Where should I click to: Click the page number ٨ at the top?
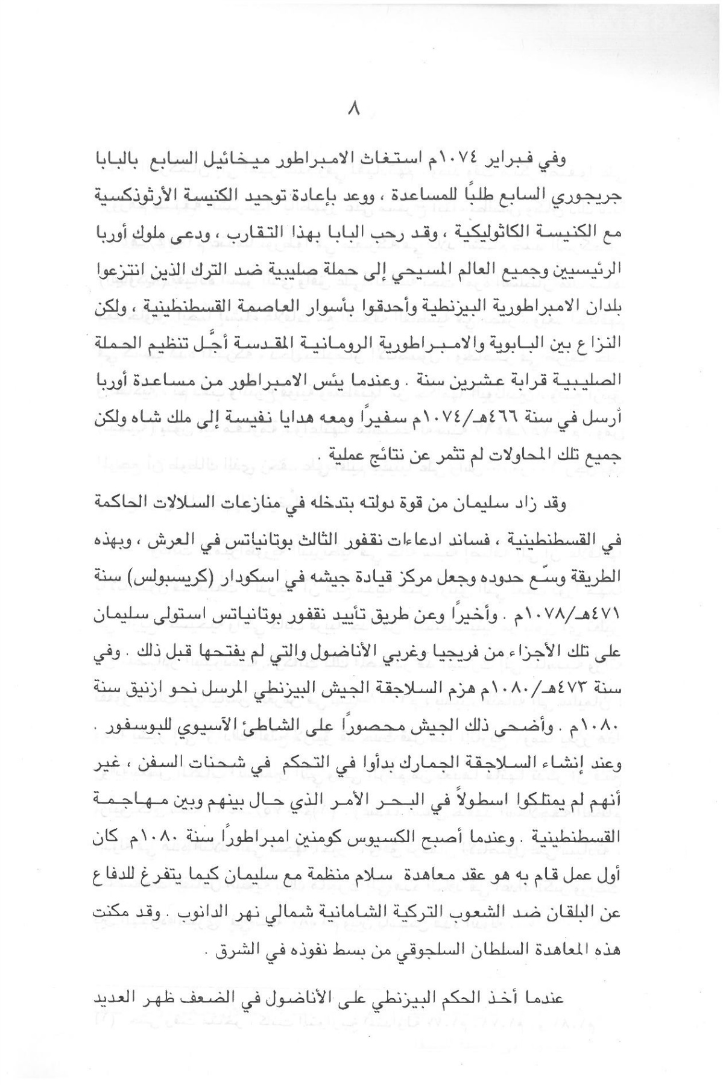point(354,110)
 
